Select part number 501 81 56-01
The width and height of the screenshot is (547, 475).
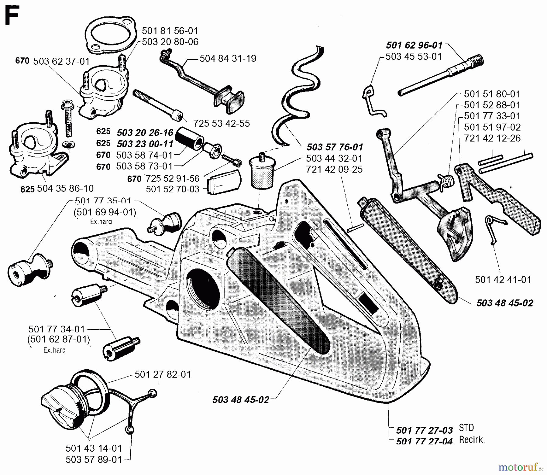[170, 31]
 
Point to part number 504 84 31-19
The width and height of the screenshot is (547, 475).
[228, 58]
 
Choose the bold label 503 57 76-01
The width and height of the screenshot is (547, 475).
[335, 147]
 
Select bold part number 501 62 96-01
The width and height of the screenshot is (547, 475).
[414, 45]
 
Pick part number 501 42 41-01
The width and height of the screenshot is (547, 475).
[503, 279]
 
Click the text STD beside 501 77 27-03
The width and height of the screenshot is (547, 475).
[466, 428]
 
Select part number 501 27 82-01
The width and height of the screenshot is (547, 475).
[163, 374]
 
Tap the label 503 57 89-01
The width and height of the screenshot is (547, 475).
[94, 460]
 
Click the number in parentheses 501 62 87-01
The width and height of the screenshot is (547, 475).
[59, 339]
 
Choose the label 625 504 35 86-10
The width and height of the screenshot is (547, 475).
[57, 189]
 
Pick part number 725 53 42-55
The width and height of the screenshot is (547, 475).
[222, 123]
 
